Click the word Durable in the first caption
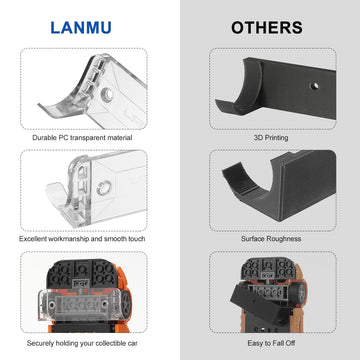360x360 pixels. pyautogui.click(x=46, y=136)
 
